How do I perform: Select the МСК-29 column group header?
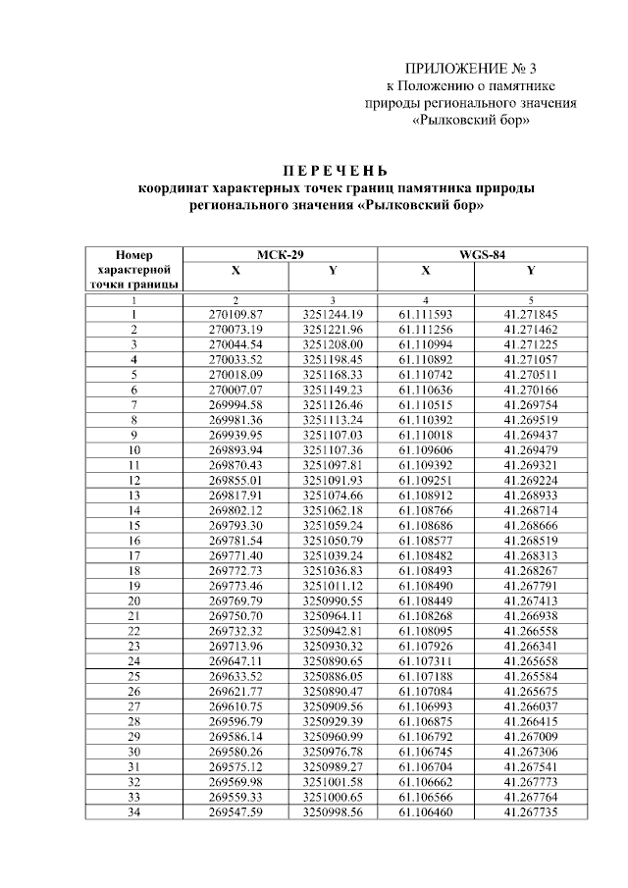coord(282,254)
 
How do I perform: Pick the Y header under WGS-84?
coord(531,271)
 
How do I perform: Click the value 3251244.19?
coord(333,314)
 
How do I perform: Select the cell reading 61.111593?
coord(426,314)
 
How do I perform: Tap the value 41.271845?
coord(531,314)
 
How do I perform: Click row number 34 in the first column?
coord(133,812)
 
